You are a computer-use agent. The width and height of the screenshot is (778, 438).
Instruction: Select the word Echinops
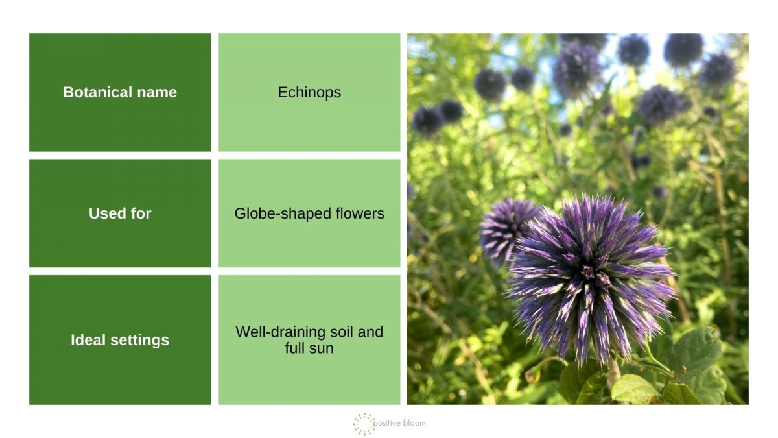click(x=309, y=92)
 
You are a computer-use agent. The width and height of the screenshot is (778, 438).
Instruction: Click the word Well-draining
click(x=278, y=332)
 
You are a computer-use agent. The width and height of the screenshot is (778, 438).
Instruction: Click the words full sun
click(x=309, y=348)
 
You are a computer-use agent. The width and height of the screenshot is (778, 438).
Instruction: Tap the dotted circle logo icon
click(x=364, y=423)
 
